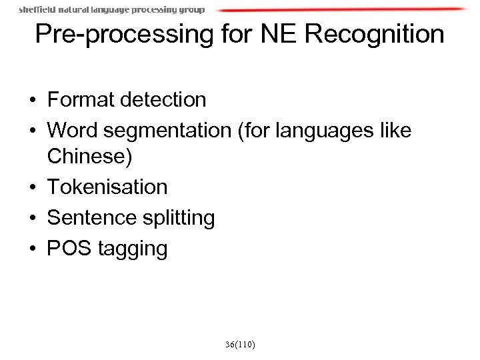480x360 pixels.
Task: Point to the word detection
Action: click(166, 100)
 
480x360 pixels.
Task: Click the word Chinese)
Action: click(90, 158)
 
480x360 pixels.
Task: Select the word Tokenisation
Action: click(107, 187)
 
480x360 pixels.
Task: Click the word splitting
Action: click(178, 218)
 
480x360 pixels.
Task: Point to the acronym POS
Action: click(69, 248)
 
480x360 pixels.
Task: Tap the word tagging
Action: click(133, 249)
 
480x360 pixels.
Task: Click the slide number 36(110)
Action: click(240, 344)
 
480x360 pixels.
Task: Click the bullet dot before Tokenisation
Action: click(32, 188)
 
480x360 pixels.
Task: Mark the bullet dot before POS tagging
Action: click(32, 249)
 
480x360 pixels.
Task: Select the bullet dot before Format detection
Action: click(32, 101)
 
